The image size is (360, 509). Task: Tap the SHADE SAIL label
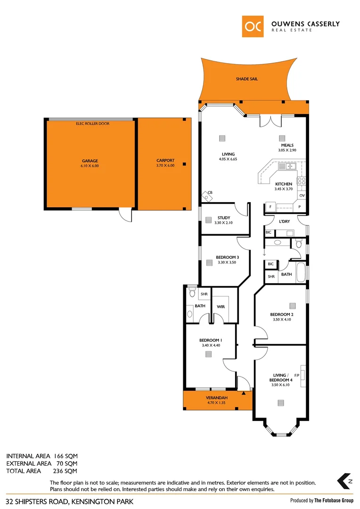click(247, 79)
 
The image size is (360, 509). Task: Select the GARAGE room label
click(90, 161)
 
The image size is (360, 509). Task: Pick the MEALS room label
click(287, 145)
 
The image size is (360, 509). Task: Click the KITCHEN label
click(284, 184)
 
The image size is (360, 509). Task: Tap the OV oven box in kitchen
click(302, 195)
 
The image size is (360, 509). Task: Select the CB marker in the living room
click(210, 192)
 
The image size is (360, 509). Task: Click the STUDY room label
click(224, 218)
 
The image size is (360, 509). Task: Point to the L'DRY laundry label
click(284, 222)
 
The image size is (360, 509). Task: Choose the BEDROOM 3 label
click(227, 257)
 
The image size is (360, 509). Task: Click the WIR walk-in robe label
click(221, 307)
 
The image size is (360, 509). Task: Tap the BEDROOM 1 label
click(210, 340)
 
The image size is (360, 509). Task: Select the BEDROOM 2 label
click(282, 314)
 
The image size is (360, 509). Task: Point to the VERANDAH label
click(217, 397)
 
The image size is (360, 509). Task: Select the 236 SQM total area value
click(65, 471)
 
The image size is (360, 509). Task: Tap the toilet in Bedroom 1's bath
click(191, 293)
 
